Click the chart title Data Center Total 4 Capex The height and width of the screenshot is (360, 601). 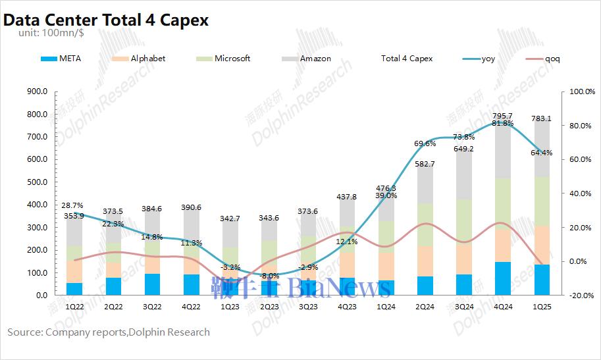(x=106, y=20)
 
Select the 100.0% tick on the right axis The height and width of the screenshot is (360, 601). (x=581, y=91)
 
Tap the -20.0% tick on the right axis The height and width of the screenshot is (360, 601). (x=581, y=296)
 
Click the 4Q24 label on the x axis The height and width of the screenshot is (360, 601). (x=502, y=307)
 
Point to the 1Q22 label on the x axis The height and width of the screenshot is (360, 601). (x=74, y=307)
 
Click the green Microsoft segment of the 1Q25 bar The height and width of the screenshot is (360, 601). (x=541, y=201)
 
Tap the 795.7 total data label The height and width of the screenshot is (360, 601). (x=502, y=116)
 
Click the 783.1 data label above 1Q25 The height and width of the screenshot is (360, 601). (x=541, y=119)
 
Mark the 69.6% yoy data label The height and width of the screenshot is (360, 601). (x=425, y=143)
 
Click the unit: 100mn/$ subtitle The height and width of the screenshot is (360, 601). (x=46, y=33)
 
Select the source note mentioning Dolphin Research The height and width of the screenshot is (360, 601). (x=109, y=332)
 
